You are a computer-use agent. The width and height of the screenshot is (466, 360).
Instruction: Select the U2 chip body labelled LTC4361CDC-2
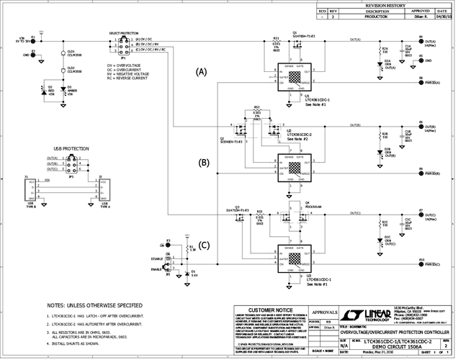pyautogui.click(x=296, y=168)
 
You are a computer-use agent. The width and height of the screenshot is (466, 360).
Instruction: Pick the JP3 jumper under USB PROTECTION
pyautogui.click(x=71, y=166)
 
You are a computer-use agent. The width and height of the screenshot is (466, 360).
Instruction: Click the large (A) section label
pyautogui.click(x=201, y=72)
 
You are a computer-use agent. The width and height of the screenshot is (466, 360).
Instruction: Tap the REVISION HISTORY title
pyautogui.click(x=385, y=4)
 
